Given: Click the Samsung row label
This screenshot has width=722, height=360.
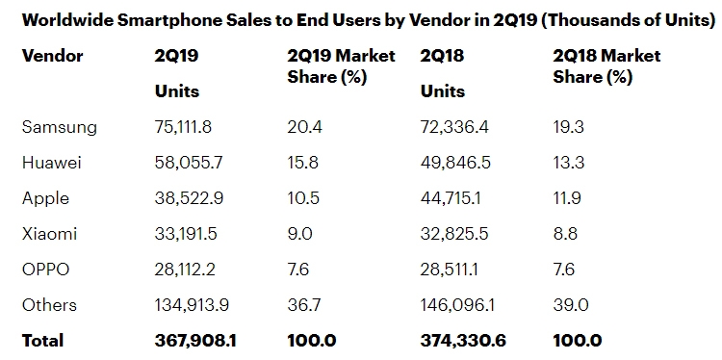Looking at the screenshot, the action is tap(60, 127).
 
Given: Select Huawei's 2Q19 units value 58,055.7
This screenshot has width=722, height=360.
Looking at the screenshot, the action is tap(189, 163).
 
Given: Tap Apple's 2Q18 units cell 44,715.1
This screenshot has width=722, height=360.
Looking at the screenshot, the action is tap(451, 198).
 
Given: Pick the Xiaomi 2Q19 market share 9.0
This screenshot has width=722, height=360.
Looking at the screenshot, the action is tap(299, 234).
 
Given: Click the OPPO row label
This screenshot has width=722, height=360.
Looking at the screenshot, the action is tap(45, 270).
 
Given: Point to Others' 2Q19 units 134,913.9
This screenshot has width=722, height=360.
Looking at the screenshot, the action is tap(192, 305).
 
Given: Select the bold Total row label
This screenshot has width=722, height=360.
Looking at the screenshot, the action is tap(42, 341).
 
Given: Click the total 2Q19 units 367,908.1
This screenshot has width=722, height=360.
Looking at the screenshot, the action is tap(195, 341).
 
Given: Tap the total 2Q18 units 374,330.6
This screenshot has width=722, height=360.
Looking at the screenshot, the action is tap(463, 341).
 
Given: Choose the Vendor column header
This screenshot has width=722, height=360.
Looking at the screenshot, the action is tap(53, 56).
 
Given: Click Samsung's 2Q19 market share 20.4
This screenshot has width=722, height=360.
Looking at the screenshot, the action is tap(305, 127).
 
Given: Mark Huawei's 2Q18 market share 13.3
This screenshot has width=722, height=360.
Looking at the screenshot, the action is tap(569, 163).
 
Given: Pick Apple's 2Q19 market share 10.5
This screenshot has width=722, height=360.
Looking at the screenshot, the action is tap(303, 198).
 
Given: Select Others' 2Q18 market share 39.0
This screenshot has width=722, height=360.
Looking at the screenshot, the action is tap(571, 305).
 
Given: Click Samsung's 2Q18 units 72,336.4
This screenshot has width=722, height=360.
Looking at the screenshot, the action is tap(454, 127).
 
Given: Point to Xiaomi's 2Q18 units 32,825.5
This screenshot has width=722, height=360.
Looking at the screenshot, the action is tap(454, 234).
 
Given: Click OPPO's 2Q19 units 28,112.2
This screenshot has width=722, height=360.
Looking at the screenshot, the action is tap(185, 270).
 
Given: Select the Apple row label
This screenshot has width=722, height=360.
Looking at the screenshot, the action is tap(45, 198).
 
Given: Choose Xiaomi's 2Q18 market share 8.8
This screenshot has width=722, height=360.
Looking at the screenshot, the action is tap(565, 234).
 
